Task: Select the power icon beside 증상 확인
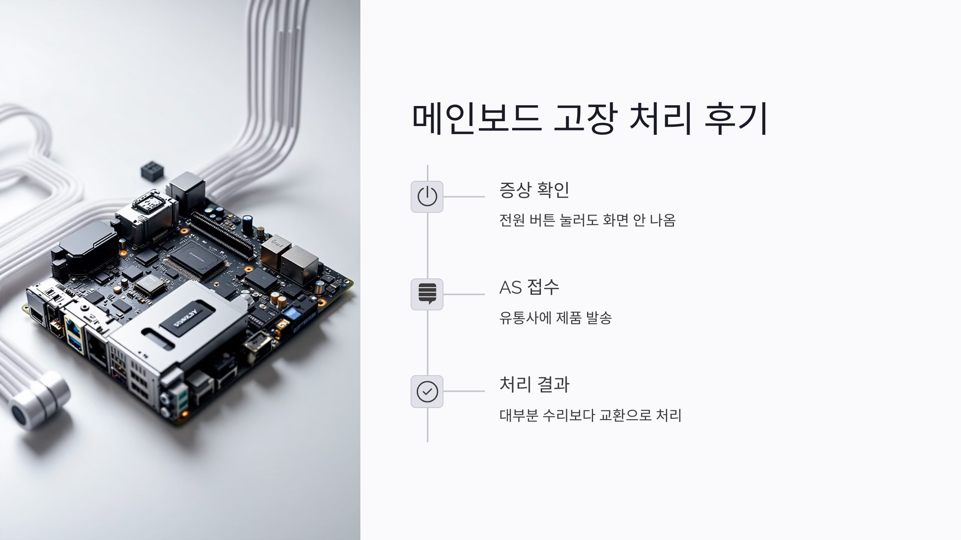(427, 196)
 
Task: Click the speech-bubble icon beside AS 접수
(427, 294)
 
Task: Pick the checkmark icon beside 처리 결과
(427, 392)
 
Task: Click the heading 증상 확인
(534, 190)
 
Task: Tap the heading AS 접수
(529, 287)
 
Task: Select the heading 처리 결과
(534, 384)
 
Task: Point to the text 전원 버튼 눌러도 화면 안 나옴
(587, 220)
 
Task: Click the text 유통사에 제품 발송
(555, 318)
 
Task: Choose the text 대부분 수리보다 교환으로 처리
(590, 415)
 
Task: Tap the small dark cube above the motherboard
(152, 171)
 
